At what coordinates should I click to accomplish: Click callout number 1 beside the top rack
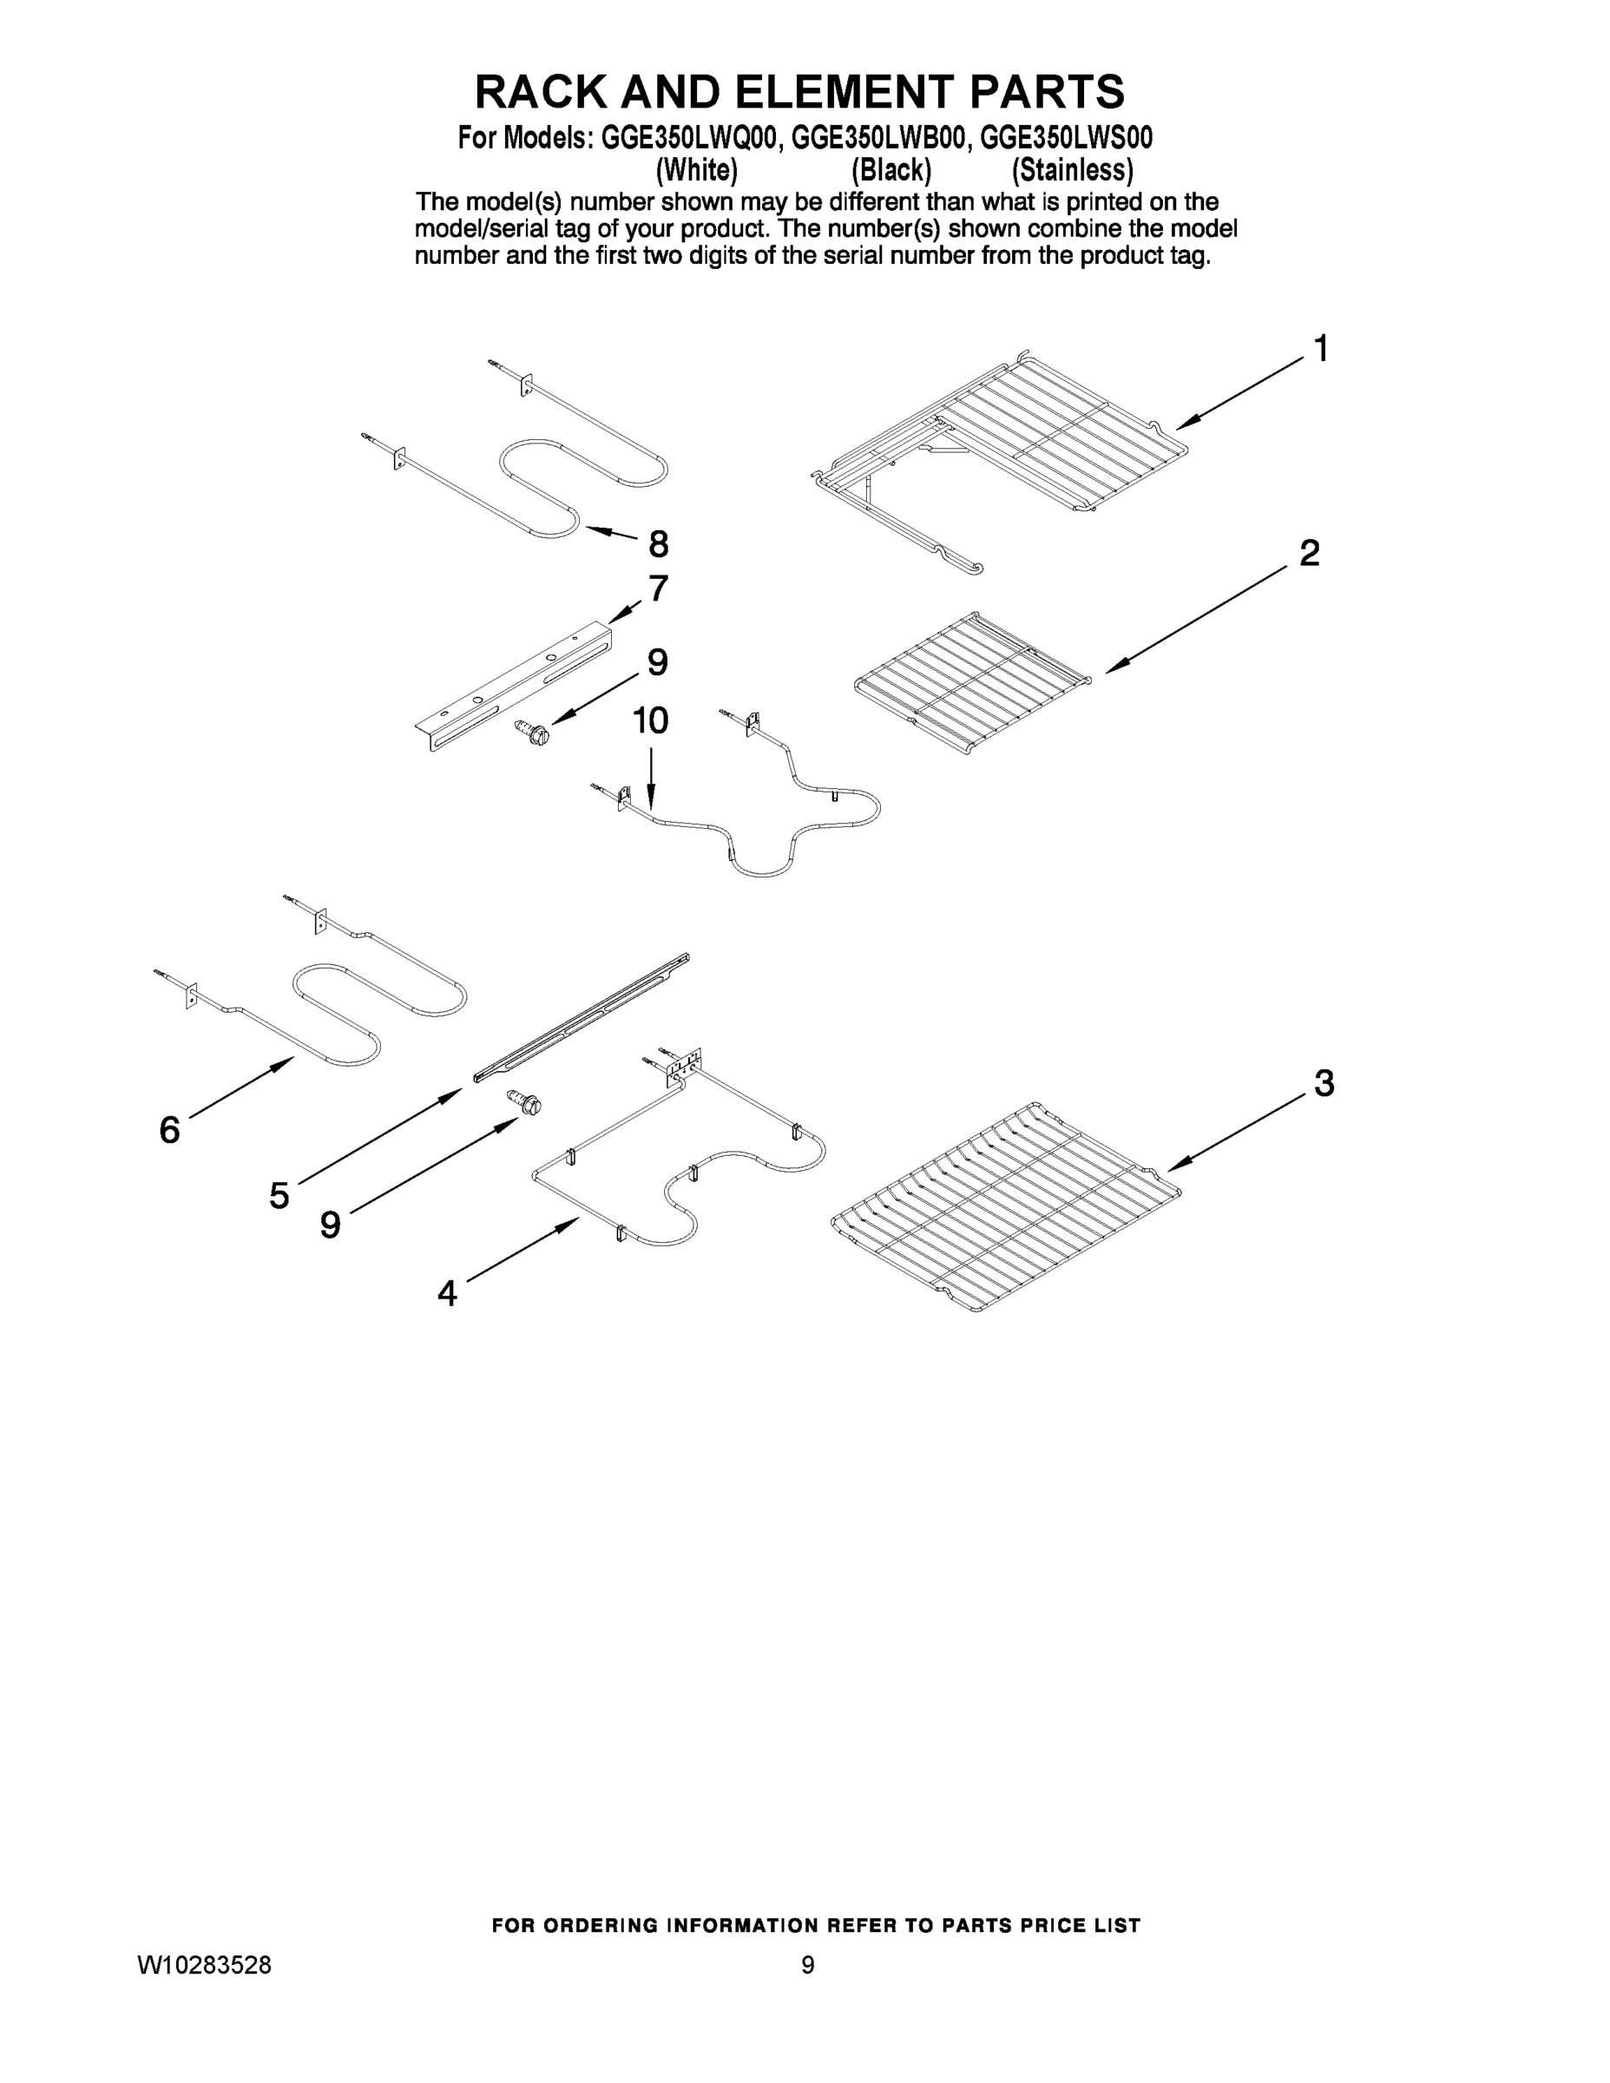tap(1320, 350)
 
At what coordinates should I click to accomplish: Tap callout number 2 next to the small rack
tap(1310, 553)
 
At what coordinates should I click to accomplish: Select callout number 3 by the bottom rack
tap(1324, 1083)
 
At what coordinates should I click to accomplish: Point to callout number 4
tap(446, 1294)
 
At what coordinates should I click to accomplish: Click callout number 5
tap(279, 1195)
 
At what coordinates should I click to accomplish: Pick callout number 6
tap(169, 1130)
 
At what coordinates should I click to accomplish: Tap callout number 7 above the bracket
tap(658, 588)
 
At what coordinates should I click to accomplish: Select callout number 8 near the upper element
tap(658, 544)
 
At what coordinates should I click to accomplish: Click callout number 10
tap(650, 721)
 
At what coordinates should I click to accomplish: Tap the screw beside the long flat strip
tap(526, 1102)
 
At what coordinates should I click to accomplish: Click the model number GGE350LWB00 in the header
tap(877, 138)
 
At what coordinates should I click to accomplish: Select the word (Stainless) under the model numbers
tap(1072, 170)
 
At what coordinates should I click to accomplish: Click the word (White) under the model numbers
tap(696, 170)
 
